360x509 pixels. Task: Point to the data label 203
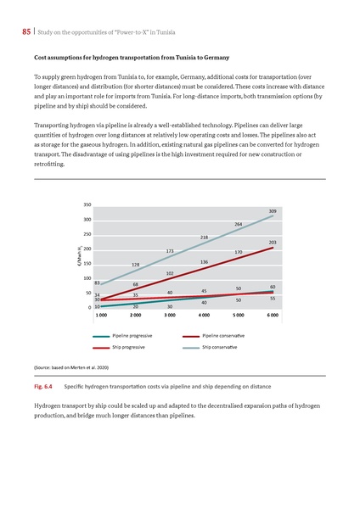pyautogui.click(x=272, y=243)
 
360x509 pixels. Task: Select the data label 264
pyautogui.click(x=239, y=224)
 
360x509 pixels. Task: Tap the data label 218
pyautogui.click(x=205, y=237)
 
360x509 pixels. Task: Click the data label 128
pyautogui.click(x=136, y=265)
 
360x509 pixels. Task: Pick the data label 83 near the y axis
pyautogui.click(x=98, y=282)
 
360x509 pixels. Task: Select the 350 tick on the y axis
pyautogui.click(x=87, y=204)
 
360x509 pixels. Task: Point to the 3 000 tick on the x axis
pyautogui.click(x=170, y=314)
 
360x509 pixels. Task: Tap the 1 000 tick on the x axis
pyautogui.click(x=101, y=314)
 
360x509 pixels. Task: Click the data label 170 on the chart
pyautogui.click(x=239, y=252)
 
